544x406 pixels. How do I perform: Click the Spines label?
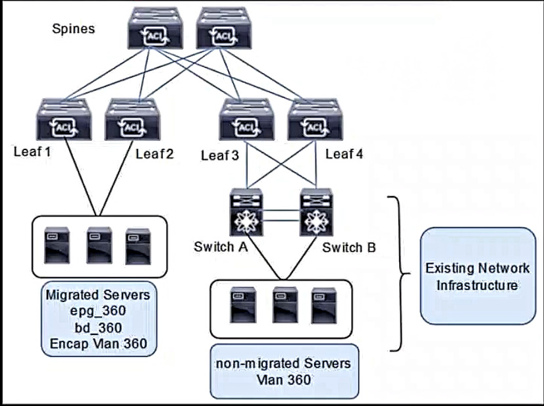coord(73,28)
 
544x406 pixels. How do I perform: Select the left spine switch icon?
coord(155,28)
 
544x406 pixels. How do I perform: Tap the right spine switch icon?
coord(224,28)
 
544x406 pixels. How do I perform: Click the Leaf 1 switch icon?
coord(64,119)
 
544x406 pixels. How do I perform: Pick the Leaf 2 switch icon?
coord(132,119)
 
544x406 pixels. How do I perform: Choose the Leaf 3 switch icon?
coord(247,119)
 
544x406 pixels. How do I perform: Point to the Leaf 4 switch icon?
coord(315,119)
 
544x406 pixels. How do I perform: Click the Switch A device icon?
coord(246,212)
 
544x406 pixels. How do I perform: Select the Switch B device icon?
coord(316,212)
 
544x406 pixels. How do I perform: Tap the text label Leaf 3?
coord(220,155)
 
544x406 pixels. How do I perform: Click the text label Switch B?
coord(349,247)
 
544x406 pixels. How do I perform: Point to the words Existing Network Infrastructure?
coord(477,276)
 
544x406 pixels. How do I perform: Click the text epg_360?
coord(98,311)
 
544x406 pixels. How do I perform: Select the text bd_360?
coord(98,328)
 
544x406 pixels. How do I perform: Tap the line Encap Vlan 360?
coord(99,343)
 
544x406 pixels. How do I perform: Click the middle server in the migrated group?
coord(99,245)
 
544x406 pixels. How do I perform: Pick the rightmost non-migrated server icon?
coord(323,305)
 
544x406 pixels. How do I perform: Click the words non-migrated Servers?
coord(283,364)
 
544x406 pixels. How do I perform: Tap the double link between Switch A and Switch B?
coord(281,215)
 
